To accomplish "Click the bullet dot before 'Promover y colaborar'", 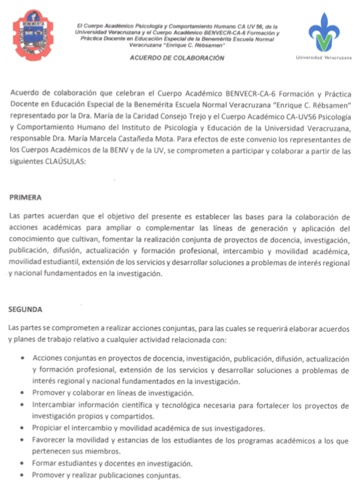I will click(x=27, y=392).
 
